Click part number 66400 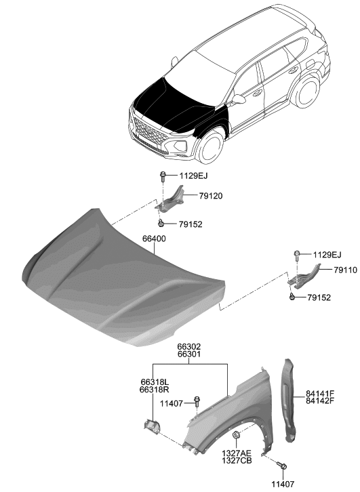point(154,239)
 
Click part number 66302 point(188,346)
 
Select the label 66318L point(153,382)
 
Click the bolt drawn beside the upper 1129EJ point(163,178)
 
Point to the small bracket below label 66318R point(151,426)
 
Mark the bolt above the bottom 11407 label point(283,466)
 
